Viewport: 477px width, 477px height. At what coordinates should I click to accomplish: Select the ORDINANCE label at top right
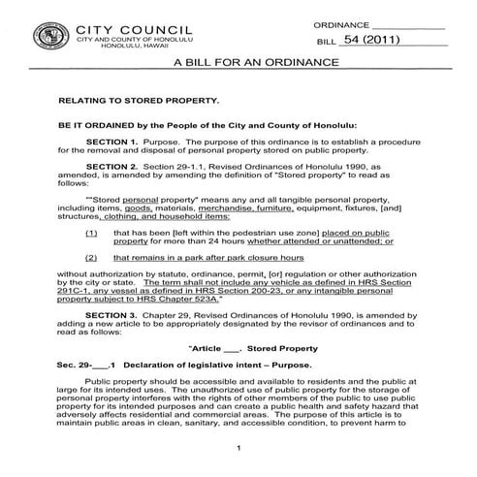click(x=341, y=23)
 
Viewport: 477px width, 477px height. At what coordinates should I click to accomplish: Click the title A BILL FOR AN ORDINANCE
click(x=255, y=62)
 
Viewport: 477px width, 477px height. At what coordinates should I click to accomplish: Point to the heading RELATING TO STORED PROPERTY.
click(x=139, y=100)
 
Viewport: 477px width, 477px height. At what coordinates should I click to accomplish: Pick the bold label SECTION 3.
click(x=114, y=316)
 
